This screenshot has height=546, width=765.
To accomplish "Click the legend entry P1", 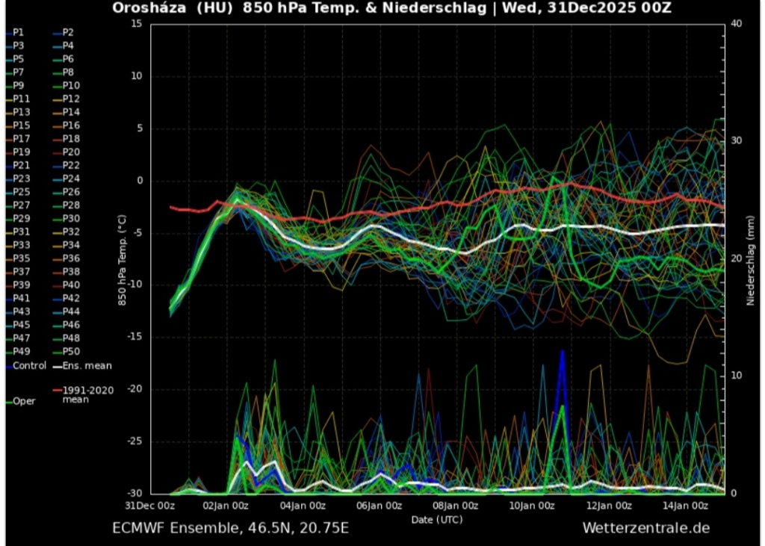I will (x=18, y=32).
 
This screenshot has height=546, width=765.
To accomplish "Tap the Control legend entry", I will (x=28, y=366).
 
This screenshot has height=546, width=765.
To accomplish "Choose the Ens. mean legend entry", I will (x=87, y=366).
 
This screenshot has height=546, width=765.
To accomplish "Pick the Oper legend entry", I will (x=23, y=401).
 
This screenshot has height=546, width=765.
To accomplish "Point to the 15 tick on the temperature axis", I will (x=136, y=24).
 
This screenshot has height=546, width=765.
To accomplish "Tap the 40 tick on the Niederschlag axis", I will (x=736, y=24).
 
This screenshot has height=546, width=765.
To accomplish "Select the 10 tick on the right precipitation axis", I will (x=736, y=376).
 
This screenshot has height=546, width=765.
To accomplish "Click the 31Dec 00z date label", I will (x=150, y=506).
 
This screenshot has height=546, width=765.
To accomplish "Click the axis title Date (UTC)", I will (x=436, y=519).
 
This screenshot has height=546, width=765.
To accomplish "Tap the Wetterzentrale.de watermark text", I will (x=645, y=528).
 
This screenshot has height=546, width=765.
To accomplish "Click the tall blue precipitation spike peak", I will (x=563, y=351).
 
